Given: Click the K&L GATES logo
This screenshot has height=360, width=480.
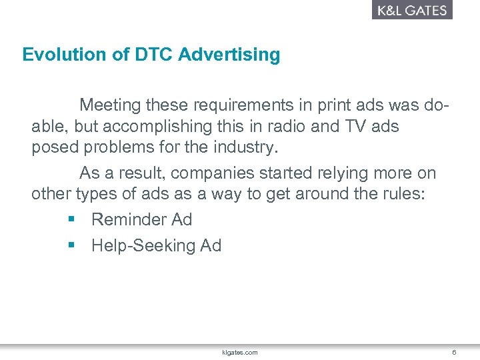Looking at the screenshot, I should coord(412,10).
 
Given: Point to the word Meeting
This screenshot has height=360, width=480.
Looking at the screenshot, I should coord(111,105).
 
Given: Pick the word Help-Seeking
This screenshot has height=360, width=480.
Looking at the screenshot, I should coord(143,246).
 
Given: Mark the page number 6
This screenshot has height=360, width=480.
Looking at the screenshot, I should coord(454,352).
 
